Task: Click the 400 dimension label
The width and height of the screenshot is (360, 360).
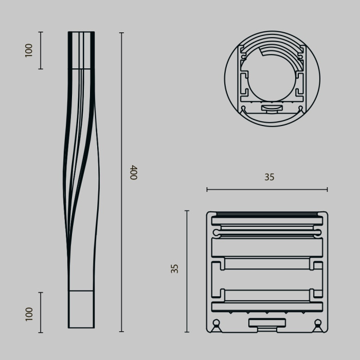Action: [133, 172]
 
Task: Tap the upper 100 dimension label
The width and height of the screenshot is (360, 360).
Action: [29, 50]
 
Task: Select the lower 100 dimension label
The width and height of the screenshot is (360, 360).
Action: [29, 313]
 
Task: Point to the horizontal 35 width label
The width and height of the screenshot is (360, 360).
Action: [269, 177]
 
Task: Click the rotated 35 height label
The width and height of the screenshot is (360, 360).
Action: [175, 268]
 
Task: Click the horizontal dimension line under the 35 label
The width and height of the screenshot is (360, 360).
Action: [267, 190]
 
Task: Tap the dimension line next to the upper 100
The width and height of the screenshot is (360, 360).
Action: [41, 50]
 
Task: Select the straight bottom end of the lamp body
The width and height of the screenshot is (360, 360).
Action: [81, 309]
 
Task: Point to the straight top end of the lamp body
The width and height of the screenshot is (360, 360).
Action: [81, 50]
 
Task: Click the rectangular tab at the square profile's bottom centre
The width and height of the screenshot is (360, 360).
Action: [267, 323]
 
